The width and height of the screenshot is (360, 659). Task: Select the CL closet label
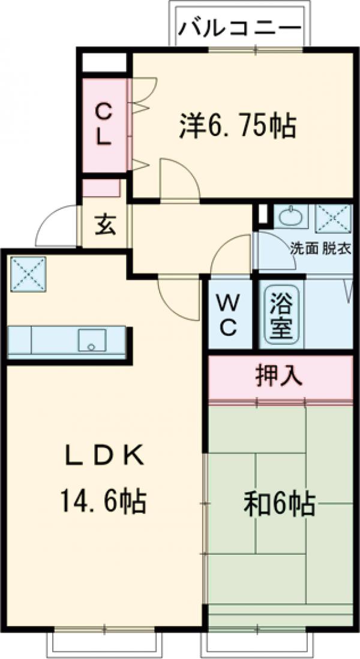coord(104,124)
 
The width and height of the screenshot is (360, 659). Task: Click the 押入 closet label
coord(279,376)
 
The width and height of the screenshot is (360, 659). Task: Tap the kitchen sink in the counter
coord(92,340)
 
